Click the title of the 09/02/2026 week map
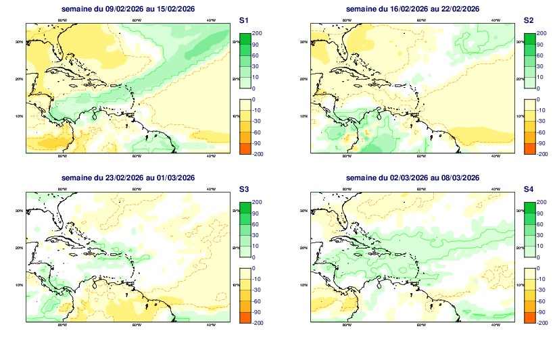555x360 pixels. [128, 9]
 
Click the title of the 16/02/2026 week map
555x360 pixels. [412, 9]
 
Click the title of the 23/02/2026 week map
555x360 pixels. [128, 178]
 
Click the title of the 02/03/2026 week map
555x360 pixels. [412, 178]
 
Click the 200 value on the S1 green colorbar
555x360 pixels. [257, 32]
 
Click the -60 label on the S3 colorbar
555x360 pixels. [258, 301]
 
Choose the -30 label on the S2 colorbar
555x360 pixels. [541, 122]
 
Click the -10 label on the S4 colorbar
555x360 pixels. [541, 279]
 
